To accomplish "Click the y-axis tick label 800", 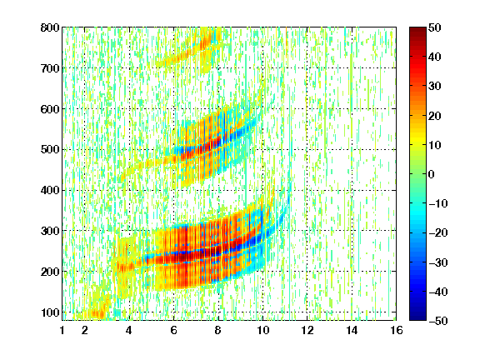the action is tap(50, 27).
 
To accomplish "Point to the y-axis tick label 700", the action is tap(50, 68).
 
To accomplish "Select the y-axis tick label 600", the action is tap(50, 109).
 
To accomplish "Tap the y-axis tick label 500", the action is tap(50, 150).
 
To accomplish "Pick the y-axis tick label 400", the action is tap(50, 190).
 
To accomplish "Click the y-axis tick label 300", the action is tap(50, 231).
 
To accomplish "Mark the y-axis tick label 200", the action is tap(50, 272).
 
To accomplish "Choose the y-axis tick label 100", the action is tap(50, 312).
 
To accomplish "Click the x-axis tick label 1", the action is tap(62, 330).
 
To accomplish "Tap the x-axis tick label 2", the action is tap(84, 330).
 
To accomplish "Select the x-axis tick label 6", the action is tap(173, 330).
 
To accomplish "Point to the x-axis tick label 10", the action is tap(262, 330).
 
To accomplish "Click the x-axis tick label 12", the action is tap(307, 330).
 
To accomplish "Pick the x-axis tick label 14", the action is tap(352, 330).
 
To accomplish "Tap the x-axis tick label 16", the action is tap(397, 330).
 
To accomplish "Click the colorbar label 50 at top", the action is tap(435, 27).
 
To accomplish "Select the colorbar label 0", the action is tap(432, 174).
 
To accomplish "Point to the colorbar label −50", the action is tap(438, 321).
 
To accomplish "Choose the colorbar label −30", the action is tap(438, 262).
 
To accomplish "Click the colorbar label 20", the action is tap(435, 116).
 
